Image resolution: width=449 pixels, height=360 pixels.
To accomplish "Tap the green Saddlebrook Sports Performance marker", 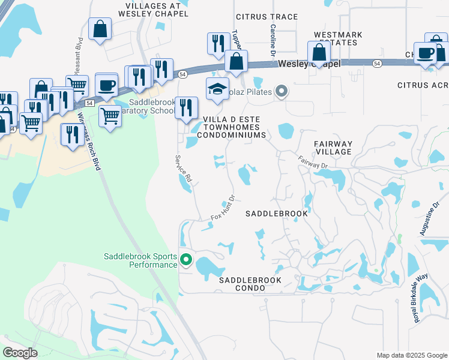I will click(186, 260).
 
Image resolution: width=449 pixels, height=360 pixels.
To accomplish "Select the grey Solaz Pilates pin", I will click(282, 92).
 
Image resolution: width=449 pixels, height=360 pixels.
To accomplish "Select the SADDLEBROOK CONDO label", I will click(250, 284).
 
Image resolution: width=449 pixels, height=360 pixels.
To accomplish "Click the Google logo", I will click(20, 352).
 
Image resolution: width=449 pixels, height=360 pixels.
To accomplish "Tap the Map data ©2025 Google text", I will click(411, 355).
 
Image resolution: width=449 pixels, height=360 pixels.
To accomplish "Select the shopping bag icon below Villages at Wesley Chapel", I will click(100, 28).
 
